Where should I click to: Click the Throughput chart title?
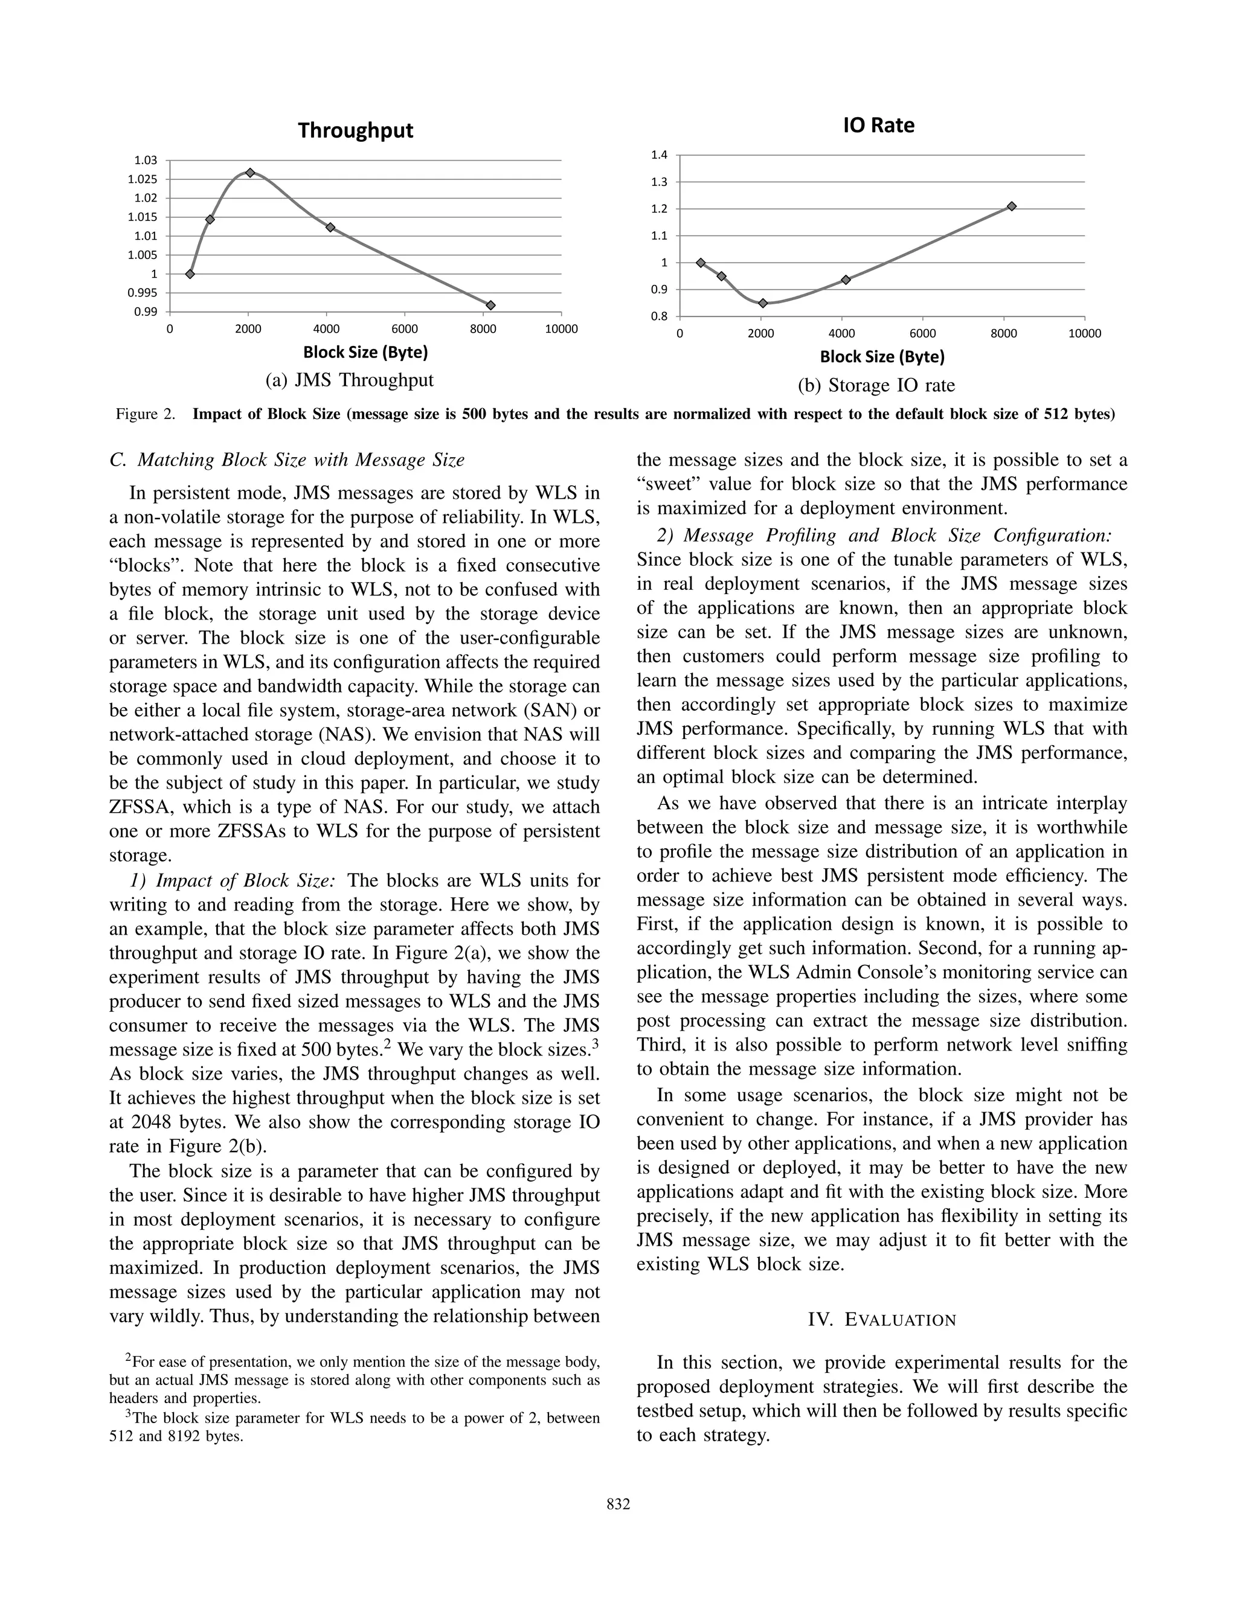pyautogui.click(x=355, y=130)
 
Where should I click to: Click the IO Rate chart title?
pyautogui.click(x=879, y=125)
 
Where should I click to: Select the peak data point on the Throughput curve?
pyautogui.click(x=250, y=173)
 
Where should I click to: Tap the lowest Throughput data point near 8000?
pyautogui.click(x=490, y=305)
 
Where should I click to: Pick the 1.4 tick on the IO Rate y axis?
pyautogui.click(x=659, y=155)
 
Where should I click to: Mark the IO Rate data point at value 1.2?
pyautogui.click(x=1011, y=206)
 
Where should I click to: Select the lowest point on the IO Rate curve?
pyautogui.click(x=763, y=303)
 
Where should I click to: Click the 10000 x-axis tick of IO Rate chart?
pyautogui.click(x=1085, y=334)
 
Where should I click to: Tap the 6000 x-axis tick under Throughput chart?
pyautogui.click(x=405, y=329)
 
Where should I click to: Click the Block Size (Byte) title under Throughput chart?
pyautogui.click(x=365, y=353)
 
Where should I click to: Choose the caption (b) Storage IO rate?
pyautogui.click(x=876, y=385)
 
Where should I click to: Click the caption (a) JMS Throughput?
pyautogui.click(x=350, y=380)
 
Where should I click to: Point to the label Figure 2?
pyautogui.click(x=145, y=415)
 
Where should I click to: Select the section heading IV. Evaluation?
pyautogui.click(x=882, y=1320)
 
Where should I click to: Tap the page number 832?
pyautogui.click(x=618, y=1505)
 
